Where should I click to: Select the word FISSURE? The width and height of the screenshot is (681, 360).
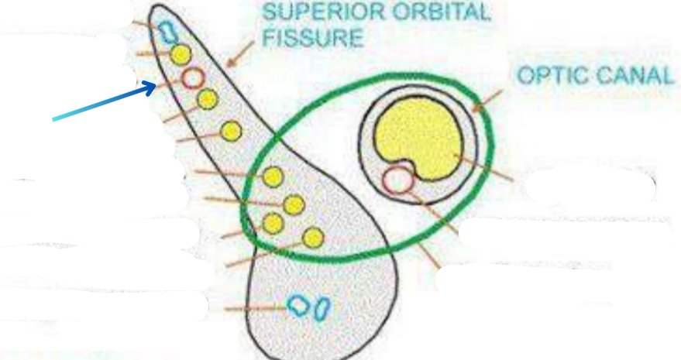(313, 38)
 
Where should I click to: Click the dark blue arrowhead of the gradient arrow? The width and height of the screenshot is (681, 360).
(152, 87)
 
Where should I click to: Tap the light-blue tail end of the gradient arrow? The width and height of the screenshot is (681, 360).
(56, 118)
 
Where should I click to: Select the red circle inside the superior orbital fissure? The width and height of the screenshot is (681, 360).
(193, 77)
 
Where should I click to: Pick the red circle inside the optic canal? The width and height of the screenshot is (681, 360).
(397, 180)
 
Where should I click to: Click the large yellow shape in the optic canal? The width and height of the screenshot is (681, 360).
(418, 139)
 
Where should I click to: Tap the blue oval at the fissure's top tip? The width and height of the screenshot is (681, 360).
(167, 31)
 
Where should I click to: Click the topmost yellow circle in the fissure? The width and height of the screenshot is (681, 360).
(181, 54)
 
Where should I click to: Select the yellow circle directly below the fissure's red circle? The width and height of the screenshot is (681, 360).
(206, 99)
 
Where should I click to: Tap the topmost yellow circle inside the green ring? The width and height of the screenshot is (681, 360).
(272, 177)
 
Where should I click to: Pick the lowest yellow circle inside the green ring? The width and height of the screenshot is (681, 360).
(313, 237)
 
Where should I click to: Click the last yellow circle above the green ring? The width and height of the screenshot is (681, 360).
(230, 131)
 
